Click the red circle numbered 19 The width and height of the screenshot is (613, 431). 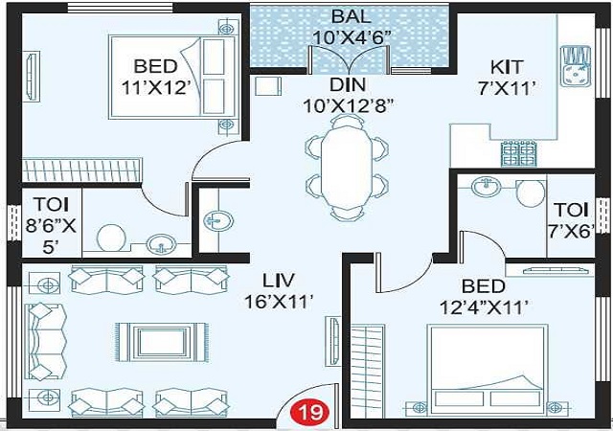coord(310,412)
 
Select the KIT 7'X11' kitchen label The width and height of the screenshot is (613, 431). coord(507,78)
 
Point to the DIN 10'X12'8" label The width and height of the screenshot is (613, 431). coord(348,95)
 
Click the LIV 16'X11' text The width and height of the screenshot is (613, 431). coord(279,291)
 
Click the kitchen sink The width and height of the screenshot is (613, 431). coord(576,66)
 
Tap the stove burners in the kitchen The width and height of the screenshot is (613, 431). coord(519,153)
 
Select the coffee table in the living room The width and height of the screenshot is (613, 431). coord(162,342)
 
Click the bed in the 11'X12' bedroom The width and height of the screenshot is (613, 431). coord(174,77)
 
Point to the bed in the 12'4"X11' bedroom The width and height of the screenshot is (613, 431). coord(488,371)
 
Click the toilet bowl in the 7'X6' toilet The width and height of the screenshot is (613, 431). coord(531,193)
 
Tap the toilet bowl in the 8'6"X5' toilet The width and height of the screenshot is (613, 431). coord(111,238)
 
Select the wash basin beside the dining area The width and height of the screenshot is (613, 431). coord(218,221)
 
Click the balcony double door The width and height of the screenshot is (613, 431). coord(350,58)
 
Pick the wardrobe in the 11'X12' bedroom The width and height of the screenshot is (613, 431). coord(81,170)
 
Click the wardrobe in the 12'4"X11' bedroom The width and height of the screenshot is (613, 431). coord(367,371)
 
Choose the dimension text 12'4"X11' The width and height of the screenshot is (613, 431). coord(485,306)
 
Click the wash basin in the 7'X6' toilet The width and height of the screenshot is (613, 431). coord(486,186)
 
